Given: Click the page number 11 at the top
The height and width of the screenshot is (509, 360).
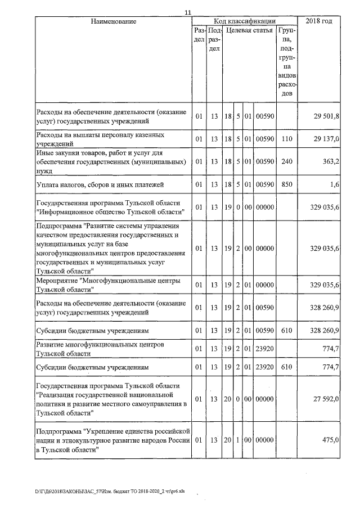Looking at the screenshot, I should coord(188,12).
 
